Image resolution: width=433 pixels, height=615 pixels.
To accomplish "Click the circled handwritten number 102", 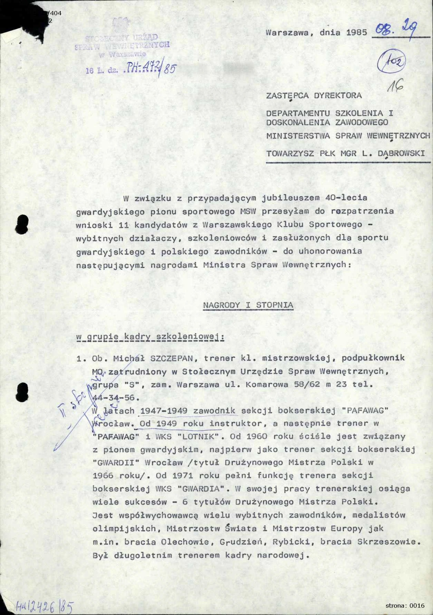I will [x=392, y=62].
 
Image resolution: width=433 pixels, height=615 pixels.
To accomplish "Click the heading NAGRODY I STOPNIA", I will [x=248, y=305].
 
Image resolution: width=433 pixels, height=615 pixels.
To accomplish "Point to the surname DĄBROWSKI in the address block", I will [x=401, y=153].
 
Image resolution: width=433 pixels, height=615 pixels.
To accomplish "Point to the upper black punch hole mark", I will [x=22, y=225].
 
